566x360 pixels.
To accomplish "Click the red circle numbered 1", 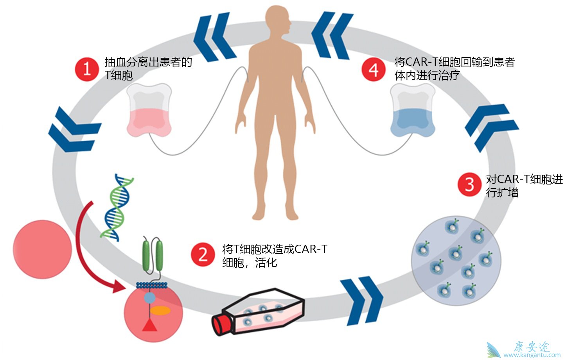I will (x=87, y=70).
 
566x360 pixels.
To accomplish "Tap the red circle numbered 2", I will (x=203, y=254).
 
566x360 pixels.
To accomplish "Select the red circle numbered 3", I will (x=469, y=184).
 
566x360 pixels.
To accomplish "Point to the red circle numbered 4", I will (x=374, y=70).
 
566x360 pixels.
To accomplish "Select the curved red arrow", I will (x=88, y=254).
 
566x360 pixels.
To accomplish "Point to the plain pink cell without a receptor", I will (x=42, y=249).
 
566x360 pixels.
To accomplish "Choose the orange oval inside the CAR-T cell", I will (x=160, y=310).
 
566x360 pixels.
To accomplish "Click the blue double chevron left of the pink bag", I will (x=74, y=129).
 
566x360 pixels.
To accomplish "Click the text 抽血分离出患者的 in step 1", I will (x=148, y=62).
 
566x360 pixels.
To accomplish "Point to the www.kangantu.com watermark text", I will (x=532, y=355).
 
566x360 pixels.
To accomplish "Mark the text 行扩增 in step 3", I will (x=502, y=192).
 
